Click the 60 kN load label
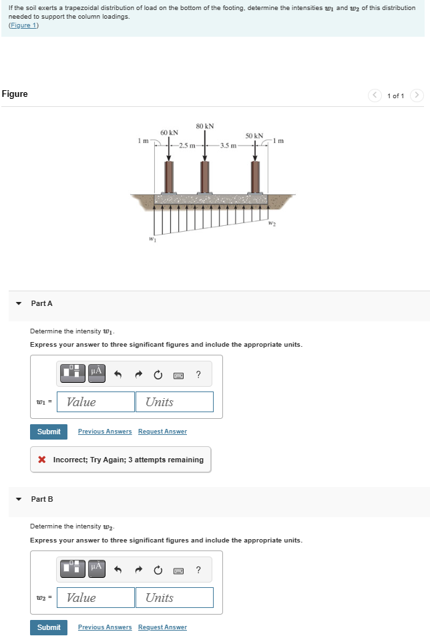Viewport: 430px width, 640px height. tap(169, 133)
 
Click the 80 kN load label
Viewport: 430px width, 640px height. tap(205, 126)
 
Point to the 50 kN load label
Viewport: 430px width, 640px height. tap(254, 136)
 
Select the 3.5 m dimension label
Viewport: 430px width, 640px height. tap(229, 145)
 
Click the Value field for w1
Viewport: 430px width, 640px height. tap(95, 402)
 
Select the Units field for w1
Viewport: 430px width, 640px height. tap(174, 402)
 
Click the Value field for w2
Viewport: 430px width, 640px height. tap(95, 597)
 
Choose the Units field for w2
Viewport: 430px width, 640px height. tap(174, 597)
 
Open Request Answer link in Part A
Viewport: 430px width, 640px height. tap(162, 432)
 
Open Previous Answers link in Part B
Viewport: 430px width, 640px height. tap(105, 627)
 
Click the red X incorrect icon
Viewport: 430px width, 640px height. tap(42, 460)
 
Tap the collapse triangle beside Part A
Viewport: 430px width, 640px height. tap(19, 303)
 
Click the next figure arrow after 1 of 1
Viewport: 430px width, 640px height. tap(417, 95)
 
